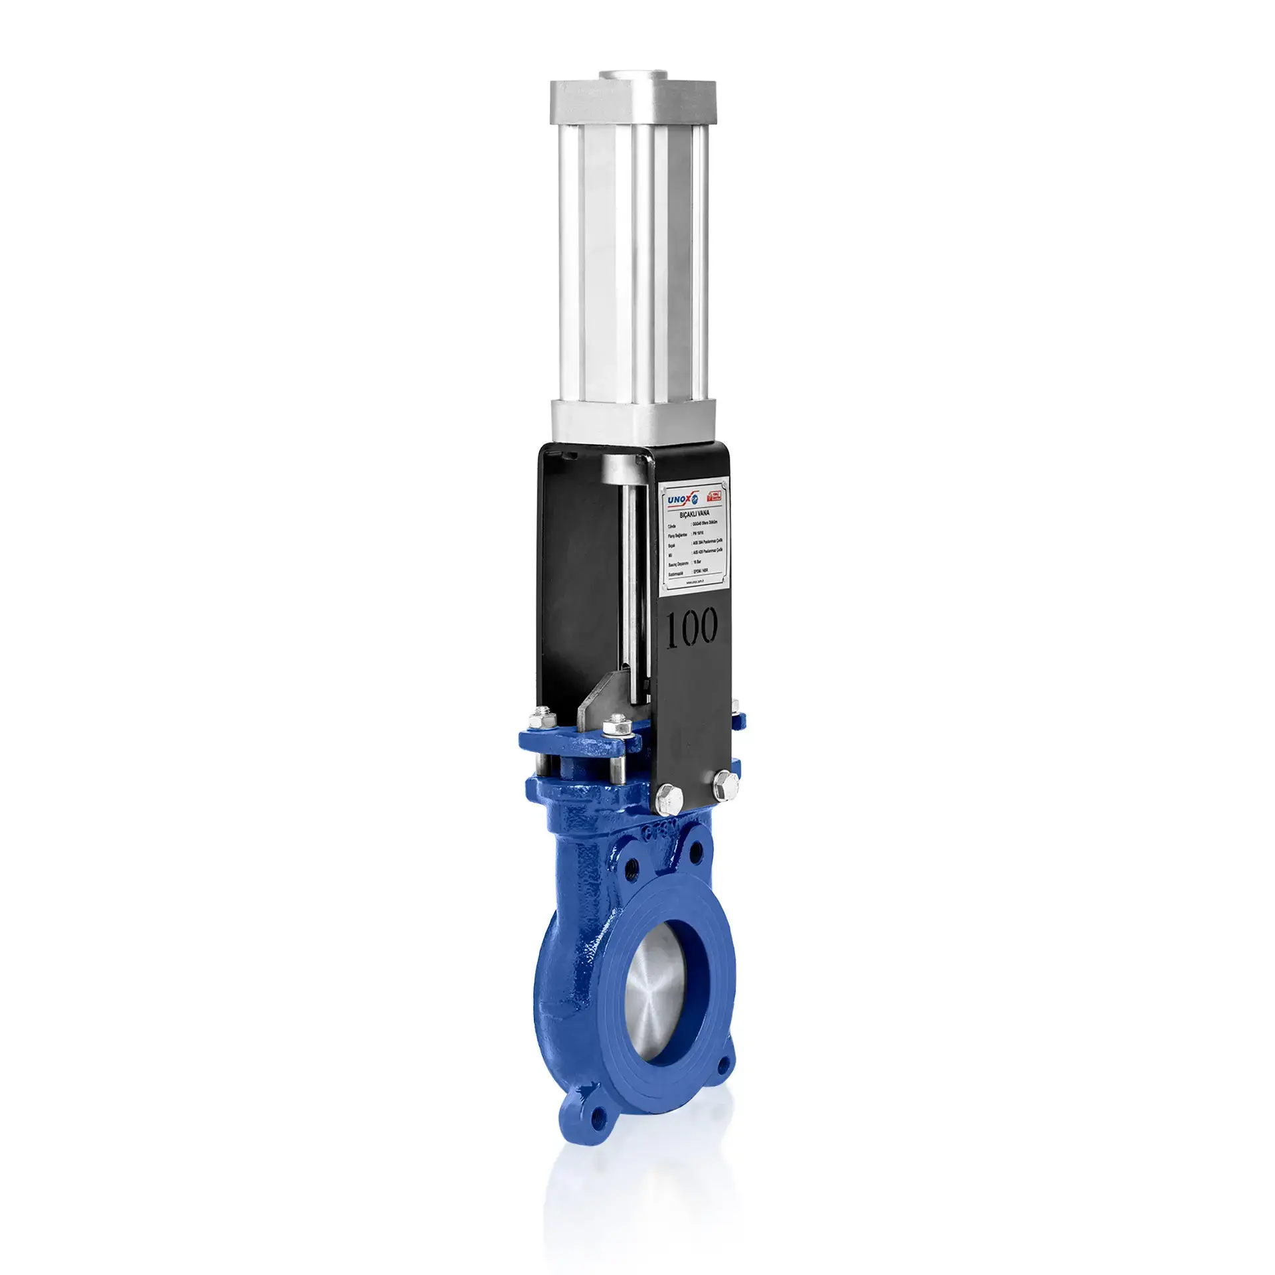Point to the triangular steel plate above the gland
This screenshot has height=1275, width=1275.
pyautogui.click(x=595, y=704)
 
